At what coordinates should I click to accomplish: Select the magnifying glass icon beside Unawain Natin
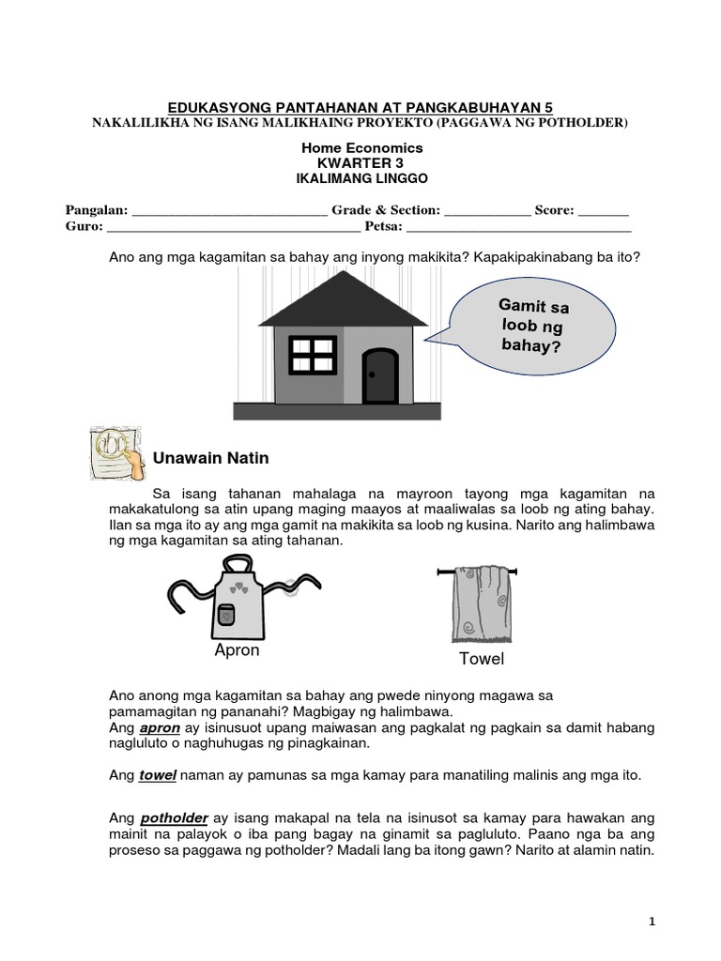(115, 456)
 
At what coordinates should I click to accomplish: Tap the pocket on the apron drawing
(225, 615)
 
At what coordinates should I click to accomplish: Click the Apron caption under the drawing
(237, 650)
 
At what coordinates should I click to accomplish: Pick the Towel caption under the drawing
(481, 659)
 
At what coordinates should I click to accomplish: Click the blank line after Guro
(231, 227)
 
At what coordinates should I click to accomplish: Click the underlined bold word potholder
(176, 818)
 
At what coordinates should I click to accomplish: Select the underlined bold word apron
(158, 727)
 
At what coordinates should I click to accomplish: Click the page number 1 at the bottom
(652, 923)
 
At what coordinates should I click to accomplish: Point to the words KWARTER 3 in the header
(361, 162)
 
